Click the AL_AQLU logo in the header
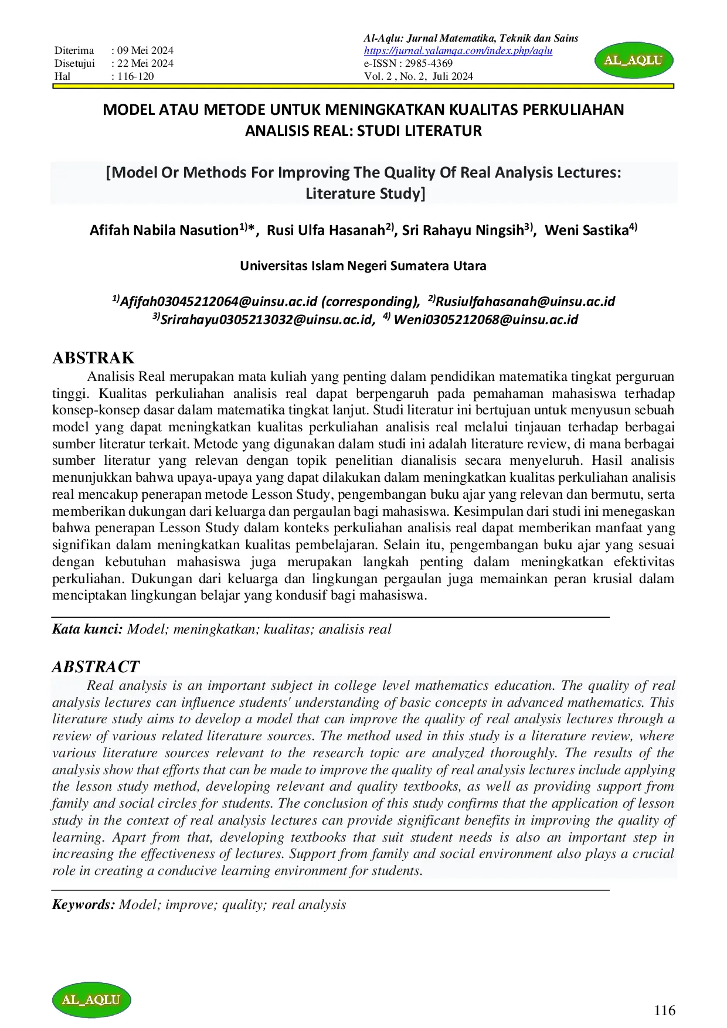click(634, 60)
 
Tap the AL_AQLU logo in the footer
click(91, 1000)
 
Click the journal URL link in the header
click(458, 51)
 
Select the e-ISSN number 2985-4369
click(429, 63)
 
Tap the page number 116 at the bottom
click(665, 1010)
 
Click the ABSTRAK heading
click(93, 358)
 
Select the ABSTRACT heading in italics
click(96, 667)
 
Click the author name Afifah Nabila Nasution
click(164, 230)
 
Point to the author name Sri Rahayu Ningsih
click(463, 230)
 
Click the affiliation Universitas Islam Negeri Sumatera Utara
click(363, 266)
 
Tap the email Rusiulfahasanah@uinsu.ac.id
click(525, 302)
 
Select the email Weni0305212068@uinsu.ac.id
click(485, 320)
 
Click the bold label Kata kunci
click(87, 629)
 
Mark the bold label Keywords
click(83, 905)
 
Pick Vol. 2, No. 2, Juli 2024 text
click(418, 76)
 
